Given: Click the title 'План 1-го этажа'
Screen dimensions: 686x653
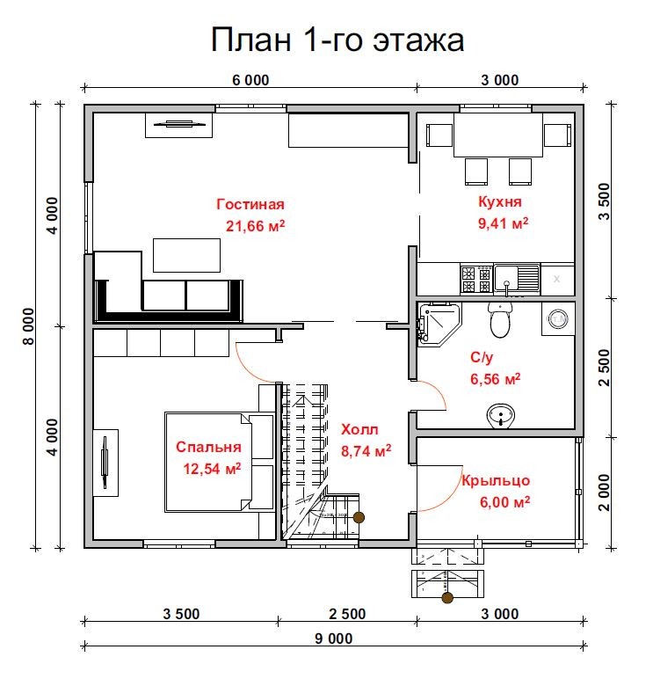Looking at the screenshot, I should click(x=337, y=40).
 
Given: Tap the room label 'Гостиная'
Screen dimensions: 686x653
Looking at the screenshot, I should click(x=250, y=204).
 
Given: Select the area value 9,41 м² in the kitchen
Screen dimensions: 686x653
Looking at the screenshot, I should click(x=503, y=223).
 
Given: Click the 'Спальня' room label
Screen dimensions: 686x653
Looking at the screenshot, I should click(x=207, y=446).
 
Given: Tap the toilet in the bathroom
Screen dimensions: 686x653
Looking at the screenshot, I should click(x=500, y=321).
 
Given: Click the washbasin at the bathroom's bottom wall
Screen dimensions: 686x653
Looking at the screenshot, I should click(x=501, y=414).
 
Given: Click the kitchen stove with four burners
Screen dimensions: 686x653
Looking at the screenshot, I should click(x=475, y=280).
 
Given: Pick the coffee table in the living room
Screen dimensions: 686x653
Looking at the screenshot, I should click(x=187, y=254).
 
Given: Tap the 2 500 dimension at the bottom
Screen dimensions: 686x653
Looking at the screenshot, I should click(x=347, y=614).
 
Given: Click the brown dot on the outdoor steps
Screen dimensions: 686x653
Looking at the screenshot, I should click(x=447, y=599).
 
